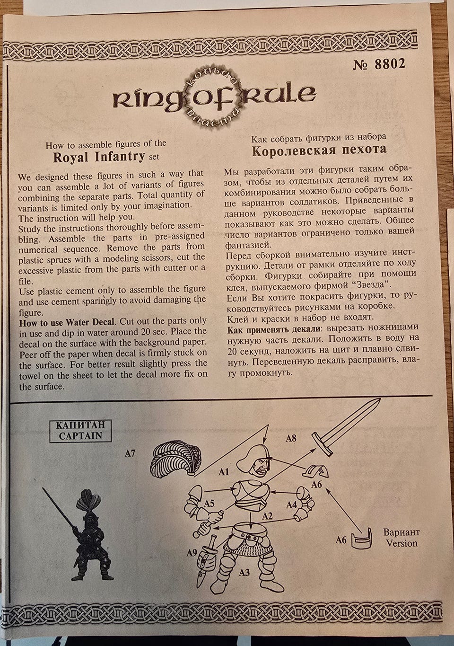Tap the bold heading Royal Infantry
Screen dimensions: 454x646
point(99,157)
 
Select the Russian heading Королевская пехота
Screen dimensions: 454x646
point(319,150)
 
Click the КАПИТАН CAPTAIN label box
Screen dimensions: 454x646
point(80,431)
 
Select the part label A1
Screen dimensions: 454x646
point(224,472)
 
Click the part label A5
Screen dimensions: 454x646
point(210,504)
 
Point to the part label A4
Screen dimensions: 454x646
point(291,504)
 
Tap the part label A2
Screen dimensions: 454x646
point(267,516)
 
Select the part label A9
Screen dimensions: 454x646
point(192,553)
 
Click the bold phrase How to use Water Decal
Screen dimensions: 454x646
point(67,322)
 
